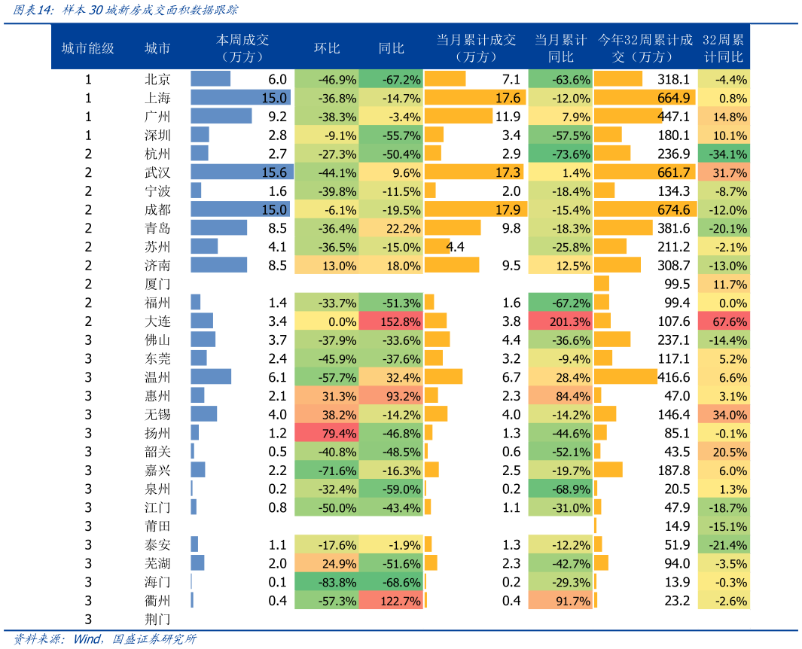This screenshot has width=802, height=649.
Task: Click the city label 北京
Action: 157,79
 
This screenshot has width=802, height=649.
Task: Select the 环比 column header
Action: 327,48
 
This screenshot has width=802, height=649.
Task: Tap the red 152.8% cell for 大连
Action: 391,321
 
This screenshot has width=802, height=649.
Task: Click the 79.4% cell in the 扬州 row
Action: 326,433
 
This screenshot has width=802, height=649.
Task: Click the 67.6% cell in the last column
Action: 724,321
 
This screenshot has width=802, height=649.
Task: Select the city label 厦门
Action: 157,284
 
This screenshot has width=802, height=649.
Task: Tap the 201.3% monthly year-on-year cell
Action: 560,321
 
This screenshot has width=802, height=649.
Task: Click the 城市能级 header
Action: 87,48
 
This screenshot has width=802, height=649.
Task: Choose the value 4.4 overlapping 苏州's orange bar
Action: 455,247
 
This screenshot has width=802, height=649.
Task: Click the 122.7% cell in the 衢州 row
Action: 391,601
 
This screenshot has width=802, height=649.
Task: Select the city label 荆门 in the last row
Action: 157,619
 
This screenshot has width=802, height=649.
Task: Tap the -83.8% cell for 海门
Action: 326,582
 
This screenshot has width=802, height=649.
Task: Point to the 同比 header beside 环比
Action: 391,48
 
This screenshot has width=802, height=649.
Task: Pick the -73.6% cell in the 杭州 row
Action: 560,154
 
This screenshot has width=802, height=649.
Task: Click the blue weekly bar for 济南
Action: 218,265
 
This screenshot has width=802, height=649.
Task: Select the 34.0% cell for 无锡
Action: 724,414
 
